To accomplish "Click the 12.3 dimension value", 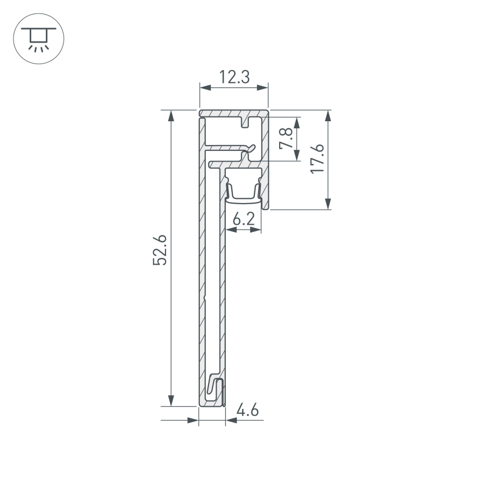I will (x=234, y=78).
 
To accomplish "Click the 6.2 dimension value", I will (x=243, y=219).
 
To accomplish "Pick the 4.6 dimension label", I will (x=248, y=411).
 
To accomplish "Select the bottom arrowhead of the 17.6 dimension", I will (x=328, y=204).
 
